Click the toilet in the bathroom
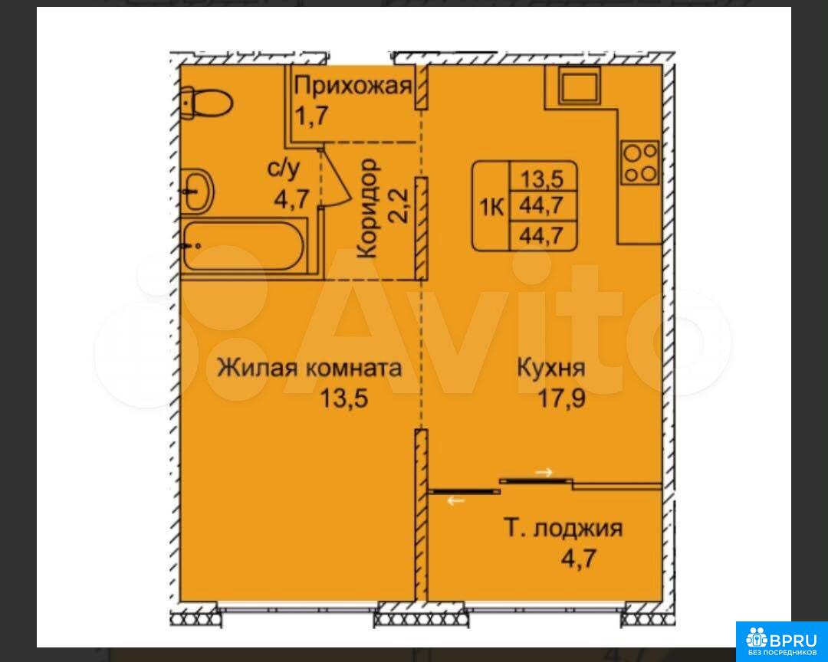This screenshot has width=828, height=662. (206, 103)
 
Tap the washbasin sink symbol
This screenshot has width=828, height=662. (197, 191)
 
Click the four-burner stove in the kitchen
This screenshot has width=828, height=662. (640, 162)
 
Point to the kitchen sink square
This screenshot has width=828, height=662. (580, 86)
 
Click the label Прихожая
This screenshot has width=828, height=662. (352, 86)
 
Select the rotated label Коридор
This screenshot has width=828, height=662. (367, 208)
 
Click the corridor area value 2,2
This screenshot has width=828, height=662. (399, 206)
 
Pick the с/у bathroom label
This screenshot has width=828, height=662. (284, 169)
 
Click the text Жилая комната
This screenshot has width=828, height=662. (310, 368)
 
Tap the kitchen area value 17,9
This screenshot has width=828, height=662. (560, 398)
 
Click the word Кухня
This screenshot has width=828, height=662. (550, 368)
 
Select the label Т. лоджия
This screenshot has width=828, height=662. (563, 528)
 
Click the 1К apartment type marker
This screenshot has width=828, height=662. (491, 207)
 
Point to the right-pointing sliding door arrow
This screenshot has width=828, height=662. (544, 472)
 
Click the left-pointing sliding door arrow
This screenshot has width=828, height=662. (455, 500)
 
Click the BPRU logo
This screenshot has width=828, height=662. (782, 641)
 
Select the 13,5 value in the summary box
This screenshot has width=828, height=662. (542, 179)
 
